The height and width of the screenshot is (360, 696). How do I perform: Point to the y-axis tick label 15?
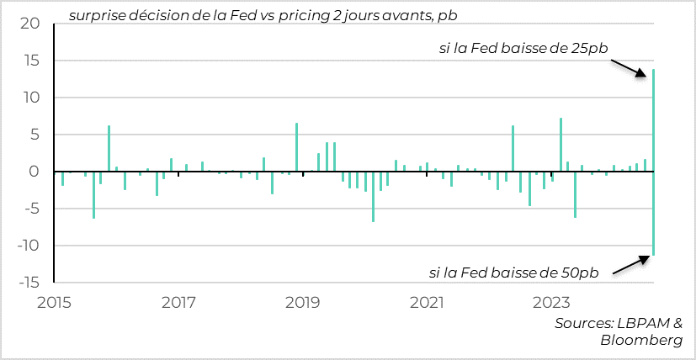coord(30,61)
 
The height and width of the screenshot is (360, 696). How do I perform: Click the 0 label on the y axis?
coord(35,172)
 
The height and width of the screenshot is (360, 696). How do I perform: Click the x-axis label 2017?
coord(178,300)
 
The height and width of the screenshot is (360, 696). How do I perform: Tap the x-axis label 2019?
coord(303,300)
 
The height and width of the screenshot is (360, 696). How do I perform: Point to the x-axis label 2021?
coord(428,300)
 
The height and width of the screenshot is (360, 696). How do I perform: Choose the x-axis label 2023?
coord(552,300)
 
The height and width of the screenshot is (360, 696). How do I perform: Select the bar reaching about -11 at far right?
coord(654,214)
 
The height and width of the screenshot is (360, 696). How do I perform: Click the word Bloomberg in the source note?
coord(641,340)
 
